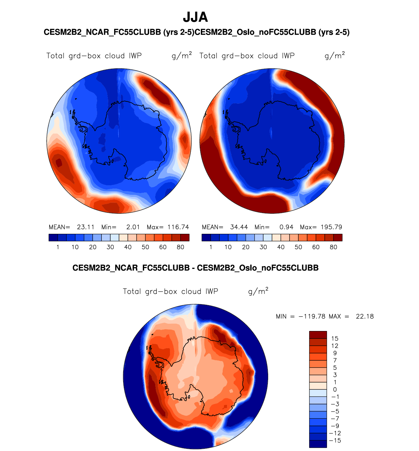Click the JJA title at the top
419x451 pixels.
[x=195, y=17]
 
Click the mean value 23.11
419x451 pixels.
[x=85, y=227]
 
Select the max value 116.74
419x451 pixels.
[x=178, y=227]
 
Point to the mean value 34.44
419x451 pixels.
[x=239, y=227]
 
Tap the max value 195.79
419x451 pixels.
[x=331, y=227]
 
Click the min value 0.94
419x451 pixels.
[x=286, y=227]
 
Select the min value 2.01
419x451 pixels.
[x=133, y=227]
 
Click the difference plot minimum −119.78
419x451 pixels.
[x=312, y=316]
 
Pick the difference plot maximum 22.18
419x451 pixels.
[x=365, y=316]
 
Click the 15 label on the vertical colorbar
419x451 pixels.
[x=335, y=339]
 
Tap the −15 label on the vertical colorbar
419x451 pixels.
[x=336, y=441]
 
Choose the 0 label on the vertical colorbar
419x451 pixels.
[x=335, y=390]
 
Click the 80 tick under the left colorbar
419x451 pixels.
[x=180, y=247]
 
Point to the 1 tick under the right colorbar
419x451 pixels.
[x=211, y=247]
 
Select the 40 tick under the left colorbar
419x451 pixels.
[x=128, y=247]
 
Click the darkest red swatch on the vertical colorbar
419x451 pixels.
[x=318, y=335]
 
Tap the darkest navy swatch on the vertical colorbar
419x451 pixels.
[x=318, y=444]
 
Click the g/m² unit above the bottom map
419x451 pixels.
[x=258, y=291]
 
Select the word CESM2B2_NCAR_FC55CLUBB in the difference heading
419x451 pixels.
[x=131, y=268]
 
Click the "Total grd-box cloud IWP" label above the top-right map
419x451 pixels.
[x=247, y=56]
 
